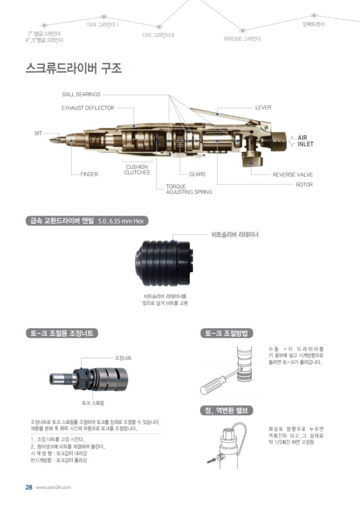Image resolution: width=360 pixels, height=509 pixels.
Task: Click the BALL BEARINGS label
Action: tap(81, 95)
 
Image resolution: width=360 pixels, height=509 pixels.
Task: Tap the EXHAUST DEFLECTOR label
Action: tap(88, 108)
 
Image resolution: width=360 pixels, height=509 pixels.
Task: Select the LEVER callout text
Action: tap(263, 108)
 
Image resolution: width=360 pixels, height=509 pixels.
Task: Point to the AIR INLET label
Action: tap(306, 141)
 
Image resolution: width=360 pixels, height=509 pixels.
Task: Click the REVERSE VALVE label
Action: tap(293, 175)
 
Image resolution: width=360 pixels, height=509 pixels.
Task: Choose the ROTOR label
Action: tap(304, 185)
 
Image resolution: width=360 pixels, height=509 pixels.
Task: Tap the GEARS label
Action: tap(197, 175)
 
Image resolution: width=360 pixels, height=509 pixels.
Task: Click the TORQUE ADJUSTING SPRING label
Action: tap(189, 189)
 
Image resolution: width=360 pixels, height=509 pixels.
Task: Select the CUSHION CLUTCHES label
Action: tap(137, 170)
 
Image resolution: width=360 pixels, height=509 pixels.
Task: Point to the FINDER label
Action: tap(89, 175)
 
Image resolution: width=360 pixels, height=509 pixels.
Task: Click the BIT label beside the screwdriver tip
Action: tap(38, 133)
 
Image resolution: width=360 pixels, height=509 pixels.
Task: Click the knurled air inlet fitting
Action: tap(276, 142)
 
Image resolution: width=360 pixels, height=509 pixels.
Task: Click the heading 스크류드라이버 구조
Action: tap(74, 68)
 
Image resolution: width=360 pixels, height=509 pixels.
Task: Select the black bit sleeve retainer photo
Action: tap(165, 263)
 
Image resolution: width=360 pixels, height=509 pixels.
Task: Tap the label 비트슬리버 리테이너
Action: tap(235, 234)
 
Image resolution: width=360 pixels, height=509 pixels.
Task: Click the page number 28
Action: tap(29, 487)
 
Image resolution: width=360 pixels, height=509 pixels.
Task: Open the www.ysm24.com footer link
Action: tap(53, 488)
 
